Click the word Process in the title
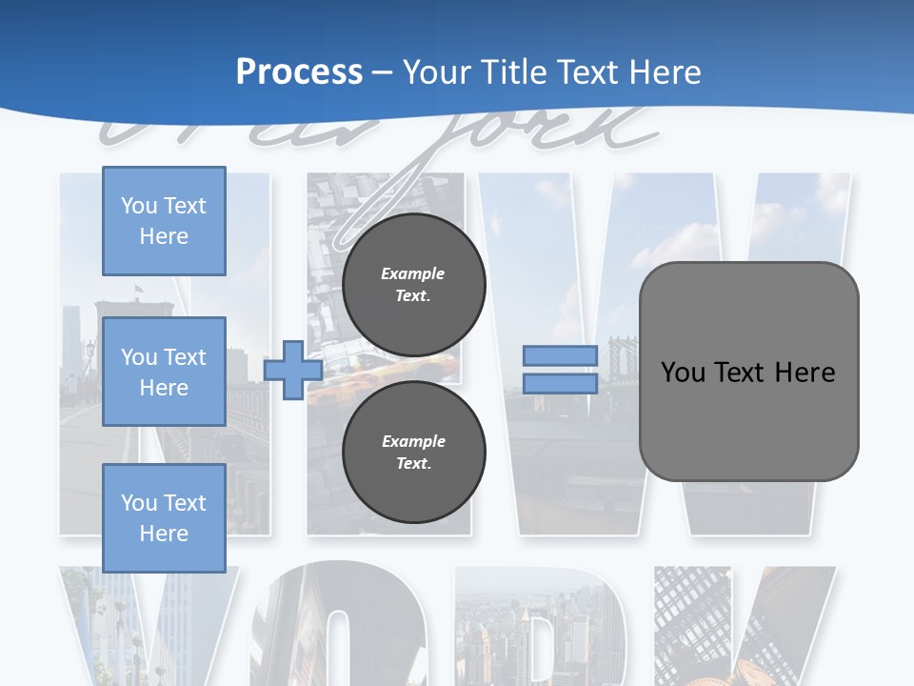[x=299, y=71]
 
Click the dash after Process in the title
[x=382, y=73]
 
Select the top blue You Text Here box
[x=164, y=221]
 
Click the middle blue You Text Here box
[x=164, y=372]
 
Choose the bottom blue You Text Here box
[x=164, y=517]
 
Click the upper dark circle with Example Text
[x=413, y=284]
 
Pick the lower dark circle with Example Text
[x=413, y=452]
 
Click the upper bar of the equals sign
[x=560, y=355]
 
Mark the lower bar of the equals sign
[x=560, y=384]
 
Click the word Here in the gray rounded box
[x=805, y=373]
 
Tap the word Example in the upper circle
[x=413, y=273]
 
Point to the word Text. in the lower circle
[x=413, y=463]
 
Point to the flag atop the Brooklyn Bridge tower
[x=139, y=289]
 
